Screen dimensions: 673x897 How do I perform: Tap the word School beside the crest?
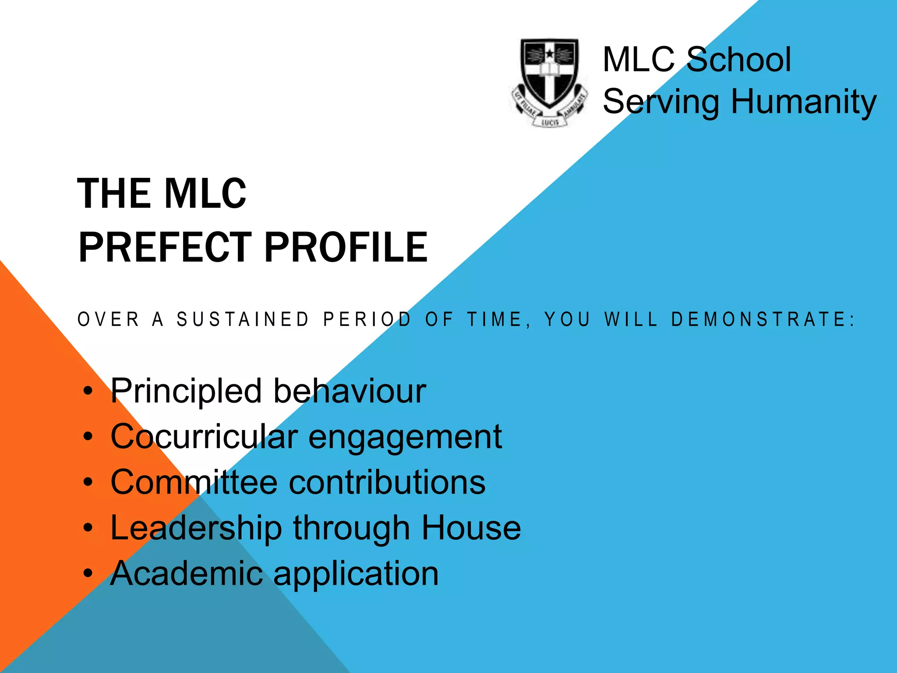pos(739,60)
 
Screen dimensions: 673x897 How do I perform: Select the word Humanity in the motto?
pos(804,102)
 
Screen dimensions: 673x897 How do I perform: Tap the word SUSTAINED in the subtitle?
pos(243,319)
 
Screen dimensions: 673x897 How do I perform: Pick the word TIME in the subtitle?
pos(495,319)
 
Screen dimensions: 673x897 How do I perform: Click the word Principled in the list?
pos(186,391)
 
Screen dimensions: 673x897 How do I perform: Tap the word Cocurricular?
pos(204,436)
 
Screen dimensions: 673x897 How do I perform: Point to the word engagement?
pos(405,437)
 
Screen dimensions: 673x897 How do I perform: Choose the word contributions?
pos(387,482)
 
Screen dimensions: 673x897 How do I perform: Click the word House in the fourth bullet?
pos(471,528)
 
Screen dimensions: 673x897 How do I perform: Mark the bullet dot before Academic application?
pos(88,573)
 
